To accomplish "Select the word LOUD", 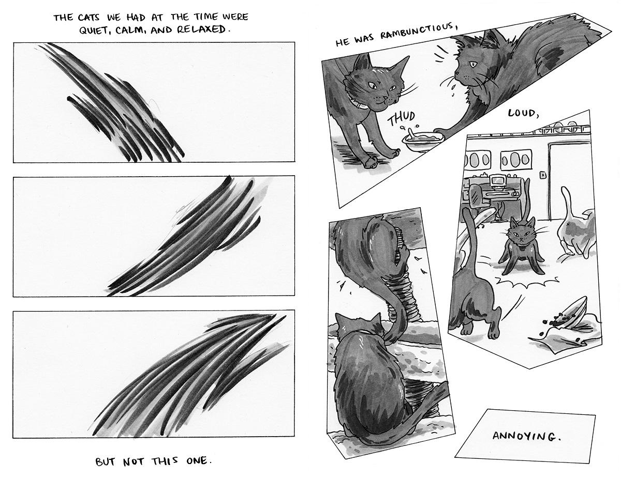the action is pos(524,114).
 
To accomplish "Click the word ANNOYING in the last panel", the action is pos(526,436).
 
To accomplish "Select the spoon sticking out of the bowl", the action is pos(410,133).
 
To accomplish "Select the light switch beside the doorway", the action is pos(543,175).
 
